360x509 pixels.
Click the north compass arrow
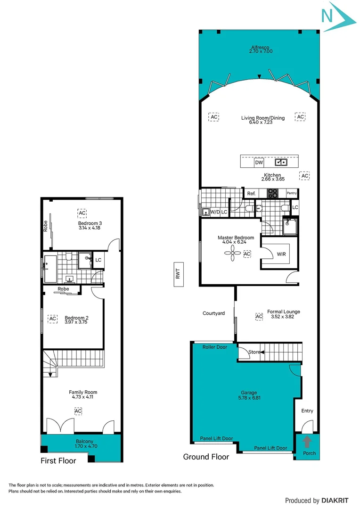click(338, 16)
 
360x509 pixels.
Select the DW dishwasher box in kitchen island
click(259, 163)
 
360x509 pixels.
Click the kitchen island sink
click(282, 163)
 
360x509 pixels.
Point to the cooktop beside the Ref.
click(272, 193)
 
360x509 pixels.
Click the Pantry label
click(292, 193)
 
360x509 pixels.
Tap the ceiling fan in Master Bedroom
click(233, 254)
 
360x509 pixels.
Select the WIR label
click(281, 254)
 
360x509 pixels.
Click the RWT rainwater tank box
click(178, 274)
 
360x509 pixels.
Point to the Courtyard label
click(213, 313)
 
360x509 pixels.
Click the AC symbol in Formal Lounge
click(259, 317)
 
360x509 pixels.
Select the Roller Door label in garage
click(215, 347)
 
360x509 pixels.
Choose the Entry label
click(307, 411)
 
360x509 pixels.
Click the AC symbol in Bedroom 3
click(82, 213)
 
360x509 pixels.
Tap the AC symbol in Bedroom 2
click(53, 319)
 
